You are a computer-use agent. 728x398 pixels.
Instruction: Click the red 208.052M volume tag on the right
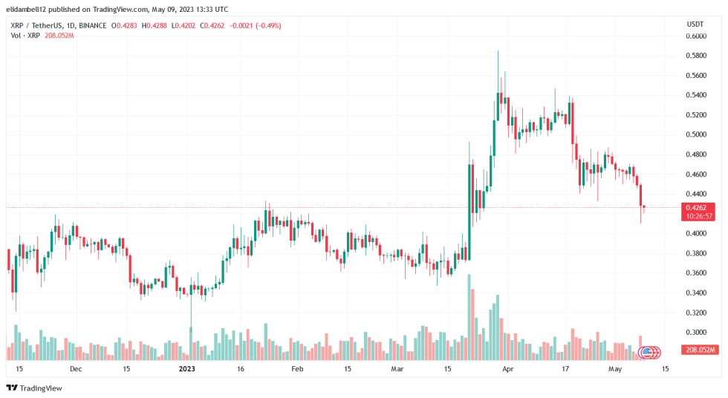tap(701, 350)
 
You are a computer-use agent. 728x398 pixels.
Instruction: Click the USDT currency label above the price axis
tap(695, 25)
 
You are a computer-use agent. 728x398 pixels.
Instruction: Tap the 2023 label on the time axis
tap(187, 368)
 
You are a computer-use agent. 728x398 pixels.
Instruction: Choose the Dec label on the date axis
tap(76, 368)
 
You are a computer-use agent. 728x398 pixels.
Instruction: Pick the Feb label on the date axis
tap(297, 368)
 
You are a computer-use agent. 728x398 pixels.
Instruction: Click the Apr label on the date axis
tap(507, 368)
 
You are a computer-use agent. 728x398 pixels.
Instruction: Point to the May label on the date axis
tap(614, 368)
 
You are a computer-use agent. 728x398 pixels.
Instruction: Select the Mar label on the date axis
tap(397, 368)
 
